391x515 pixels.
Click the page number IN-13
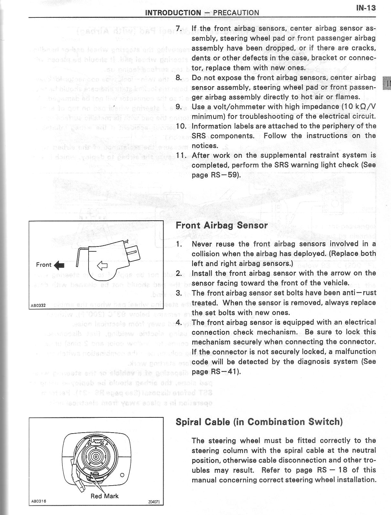[366, 8]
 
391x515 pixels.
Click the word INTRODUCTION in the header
[173, 13]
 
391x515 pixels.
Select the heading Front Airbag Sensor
[222, 225]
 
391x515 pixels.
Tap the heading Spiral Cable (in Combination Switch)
[259, 422]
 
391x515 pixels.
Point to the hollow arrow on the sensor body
[102, 266]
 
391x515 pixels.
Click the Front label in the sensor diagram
[44, 265]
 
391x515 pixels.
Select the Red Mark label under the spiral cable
[104, 496]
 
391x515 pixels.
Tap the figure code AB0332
[37, 305]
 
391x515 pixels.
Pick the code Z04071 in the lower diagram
[154, 511]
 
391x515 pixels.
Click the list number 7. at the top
[180, 28]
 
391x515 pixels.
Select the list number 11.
[180, 155]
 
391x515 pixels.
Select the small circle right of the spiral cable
[122, 475]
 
